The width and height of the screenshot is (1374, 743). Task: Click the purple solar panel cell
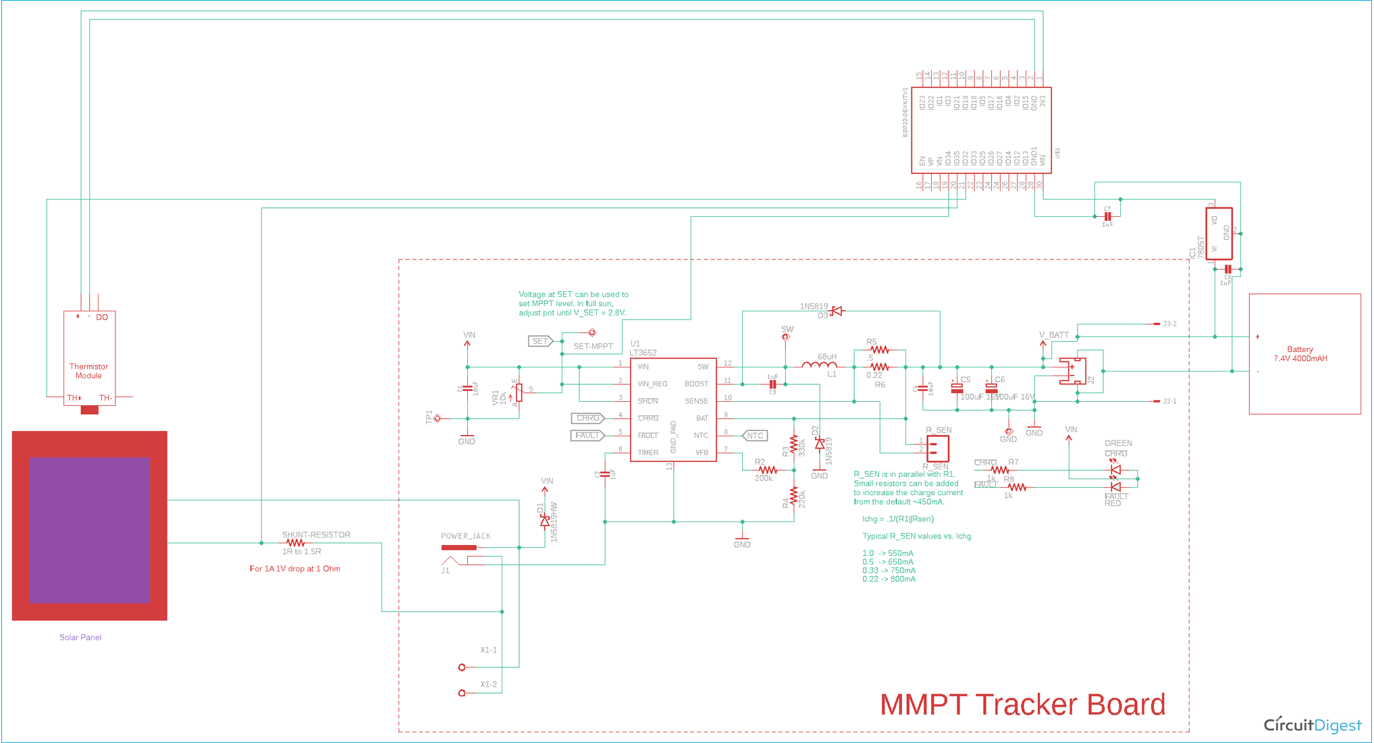(89, 530)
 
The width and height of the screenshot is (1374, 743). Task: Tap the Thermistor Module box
(89, 358)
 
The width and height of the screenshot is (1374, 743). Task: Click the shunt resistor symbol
(295, 543)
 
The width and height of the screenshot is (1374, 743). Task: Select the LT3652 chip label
(643, 353)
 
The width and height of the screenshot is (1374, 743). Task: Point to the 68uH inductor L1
(819, 365)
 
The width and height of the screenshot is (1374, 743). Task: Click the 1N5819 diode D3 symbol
(837, 311)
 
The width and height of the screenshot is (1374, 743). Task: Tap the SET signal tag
(540, 341)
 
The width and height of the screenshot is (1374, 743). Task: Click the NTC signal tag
(755, 436)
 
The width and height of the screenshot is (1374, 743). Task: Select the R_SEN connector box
(937, 449)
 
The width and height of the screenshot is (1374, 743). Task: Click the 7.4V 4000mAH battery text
(1300, 359)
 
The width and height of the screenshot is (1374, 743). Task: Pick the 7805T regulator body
(1219, 234)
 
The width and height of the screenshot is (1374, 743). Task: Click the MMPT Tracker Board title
(1022, 704)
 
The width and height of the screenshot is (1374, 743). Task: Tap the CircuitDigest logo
(1312, 725)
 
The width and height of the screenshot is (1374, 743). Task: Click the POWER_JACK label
(465, 536)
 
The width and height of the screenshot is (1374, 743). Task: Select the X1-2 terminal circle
(462, 693)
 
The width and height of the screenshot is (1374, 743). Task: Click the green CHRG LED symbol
(1115, 469)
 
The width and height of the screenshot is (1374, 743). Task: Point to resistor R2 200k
(767, 470)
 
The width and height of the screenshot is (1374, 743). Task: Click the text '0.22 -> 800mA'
(889, 579)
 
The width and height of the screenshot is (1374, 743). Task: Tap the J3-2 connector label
(1169, 324)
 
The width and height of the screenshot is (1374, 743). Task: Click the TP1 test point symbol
(438, 419)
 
